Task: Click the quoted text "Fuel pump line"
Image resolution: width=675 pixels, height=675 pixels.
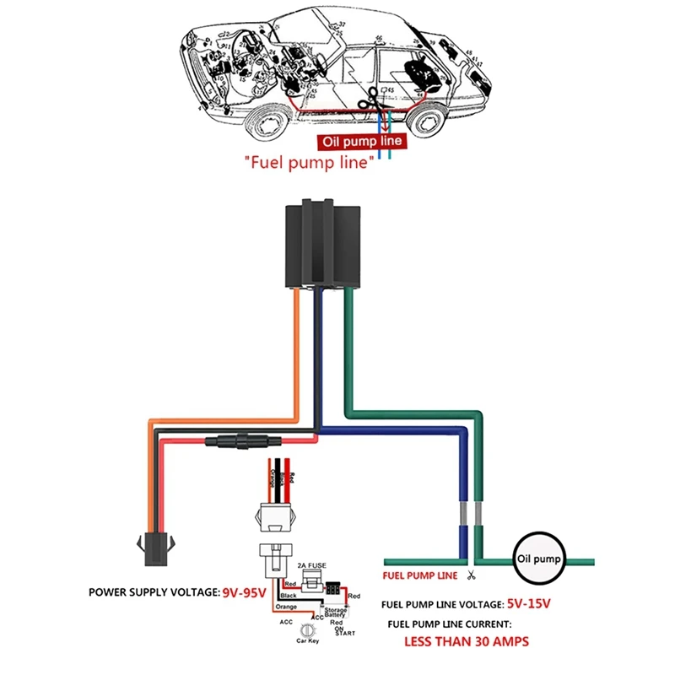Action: (x=309, y=161)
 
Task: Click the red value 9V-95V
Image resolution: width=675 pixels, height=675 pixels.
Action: (x=244, y=592)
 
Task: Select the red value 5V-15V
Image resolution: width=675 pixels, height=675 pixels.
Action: (x=529, y=604)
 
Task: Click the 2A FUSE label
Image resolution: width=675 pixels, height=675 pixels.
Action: (x=311, y=565)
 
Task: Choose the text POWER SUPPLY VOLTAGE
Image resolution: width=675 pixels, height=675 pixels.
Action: (x=154, y=592)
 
